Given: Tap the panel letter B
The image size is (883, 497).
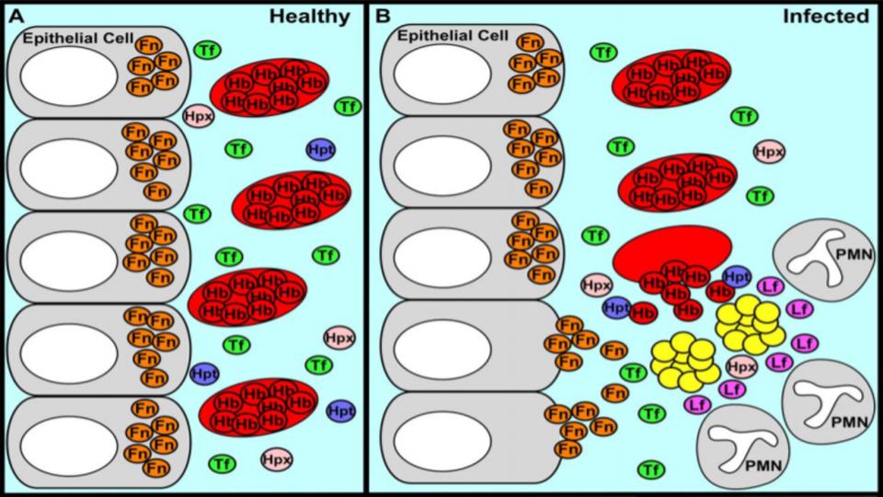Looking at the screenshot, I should [383, 15].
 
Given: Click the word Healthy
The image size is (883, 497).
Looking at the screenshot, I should [310, 16].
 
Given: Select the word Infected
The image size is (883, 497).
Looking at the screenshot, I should [826, 16].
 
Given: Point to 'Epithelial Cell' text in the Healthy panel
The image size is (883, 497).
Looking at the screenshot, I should [72, 39].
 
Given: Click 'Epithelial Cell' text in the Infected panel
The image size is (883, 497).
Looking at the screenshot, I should [452, 36].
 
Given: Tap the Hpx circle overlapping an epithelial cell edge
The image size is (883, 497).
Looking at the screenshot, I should [198, 116].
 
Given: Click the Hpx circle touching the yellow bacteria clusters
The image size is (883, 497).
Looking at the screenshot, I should [741, 366].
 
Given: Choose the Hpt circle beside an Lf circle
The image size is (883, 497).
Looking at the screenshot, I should [737, 275].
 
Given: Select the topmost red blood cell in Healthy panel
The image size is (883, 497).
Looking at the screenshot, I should [269, 87].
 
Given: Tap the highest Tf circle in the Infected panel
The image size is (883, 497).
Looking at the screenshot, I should [602, 52].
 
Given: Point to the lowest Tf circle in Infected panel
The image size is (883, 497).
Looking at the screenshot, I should [651, 469].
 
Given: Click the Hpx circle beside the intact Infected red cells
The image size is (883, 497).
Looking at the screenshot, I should [768, 151].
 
